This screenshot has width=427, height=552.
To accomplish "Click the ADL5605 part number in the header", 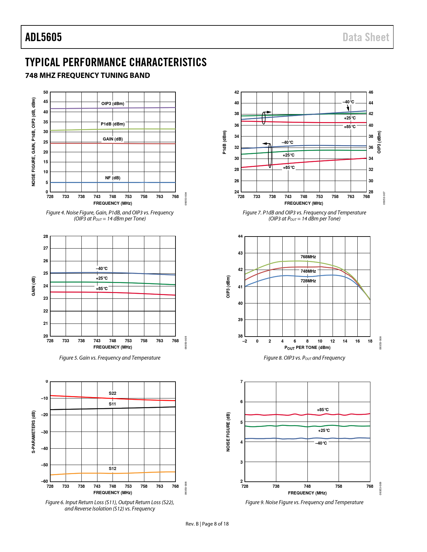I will (x=44, y=37).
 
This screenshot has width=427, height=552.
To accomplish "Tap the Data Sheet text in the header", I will (x=366, y=37).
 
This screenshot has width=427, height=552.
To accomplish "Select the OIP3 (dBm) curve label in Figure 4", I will (x=113, y=104).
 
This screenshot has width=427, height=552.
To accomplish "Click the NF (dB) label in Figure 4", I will (x=113, y=178).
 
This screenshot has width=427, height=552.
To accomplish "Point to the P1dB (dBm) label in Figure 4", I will (x=113, y=124).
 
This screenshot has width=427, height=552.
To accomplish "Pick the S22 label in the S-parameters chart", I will (x=113, y=393).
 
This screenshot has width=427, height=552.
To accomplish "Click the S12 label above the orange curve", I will (x=113, y=469).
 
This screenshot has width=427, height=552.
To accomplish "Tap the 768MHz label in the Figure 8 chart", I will (x=308, y=257).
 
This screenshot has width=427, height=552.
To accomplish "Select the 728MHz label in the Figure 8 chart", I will (x=308, y=281).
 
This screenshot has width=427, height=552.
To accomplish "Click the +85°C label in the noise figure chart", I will (x=323, y=410).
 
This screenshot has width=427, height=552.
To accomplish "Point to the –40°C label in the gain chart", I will (x=102, y=269).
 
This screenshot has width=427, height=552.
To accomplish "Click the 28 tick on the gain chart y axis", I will (x=46, y=237).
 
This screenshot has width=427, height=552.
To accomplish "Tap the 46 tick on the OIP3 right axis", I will (x=371, y=92).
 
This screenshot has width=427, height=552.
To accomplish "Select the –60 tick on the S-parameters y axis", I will (x=45, y=481).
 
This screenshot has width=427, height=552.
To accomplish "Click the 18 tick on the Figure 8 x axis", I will (x=370, y=341).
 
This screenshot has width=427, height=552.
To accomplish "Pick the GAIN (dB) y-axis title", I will (x=33, y=286).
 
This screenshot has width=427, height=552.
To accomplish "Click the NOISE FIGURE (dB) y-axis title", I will (x=228, y=432).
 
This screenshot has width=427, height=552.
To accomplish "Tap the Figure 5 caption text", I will (x=110, y=358).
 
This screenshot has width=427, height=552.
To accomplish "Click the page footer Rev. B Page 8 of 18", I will (x=207, y=524).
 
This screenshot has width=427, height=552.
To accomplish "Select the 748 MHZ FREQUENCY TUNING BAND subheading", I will (x=88, y=75).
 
